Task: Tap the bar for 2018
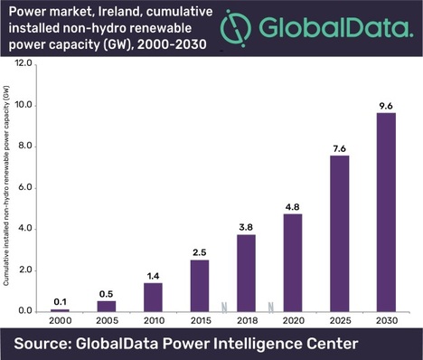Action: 246,272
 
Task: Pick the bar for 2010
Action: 153,297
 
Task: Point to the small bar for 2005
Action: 106,306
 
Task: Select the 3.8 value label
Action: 246,224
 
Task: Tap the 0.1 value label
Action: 59,299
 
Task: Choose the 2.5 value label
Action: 200,251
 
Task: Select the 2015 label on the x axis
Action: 200,322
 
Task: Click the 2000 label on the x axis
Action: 59,322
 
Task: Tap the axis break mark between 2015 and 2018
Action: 222,306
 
